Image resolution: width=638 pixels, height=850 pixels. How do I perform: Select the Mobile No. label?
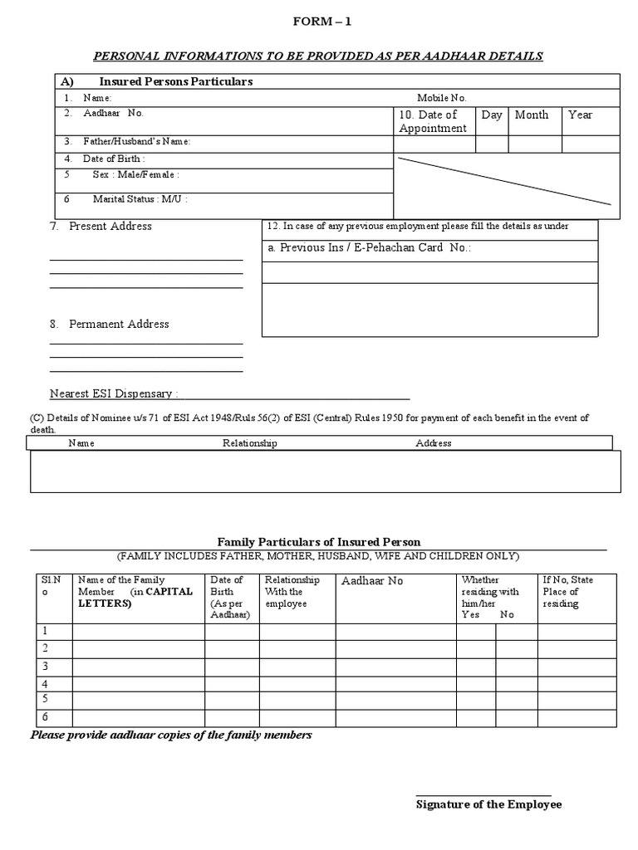(x=442, y=98)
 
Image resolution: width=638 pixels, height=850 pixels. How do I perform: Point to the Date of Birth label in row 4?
(x=114, y=159)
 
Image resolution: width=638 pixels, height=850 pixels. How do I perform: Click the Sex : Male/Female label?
(x=135, y=175)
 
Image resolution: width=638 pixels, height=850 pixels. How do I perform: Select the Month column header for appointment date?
(x=532, y=115)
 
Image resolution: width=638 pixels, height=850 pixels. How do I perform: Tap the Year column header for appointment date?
(x=580, y=115)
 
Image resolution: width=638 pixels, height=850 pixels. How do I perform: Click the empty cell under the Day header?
(x=492, y=144)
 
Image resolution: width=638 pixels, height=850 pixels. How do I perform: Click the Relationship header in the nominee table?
(x=249, y=443)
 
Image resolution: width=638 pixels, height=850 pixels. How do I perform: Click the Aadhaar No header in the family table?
(x=371, y=581)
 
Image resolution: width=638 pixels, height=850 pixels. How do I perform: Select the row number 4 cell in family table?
(x=46, y=684)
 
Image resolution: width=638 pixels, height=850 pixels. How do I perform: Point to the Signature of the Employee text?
(x=488, y=804)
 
